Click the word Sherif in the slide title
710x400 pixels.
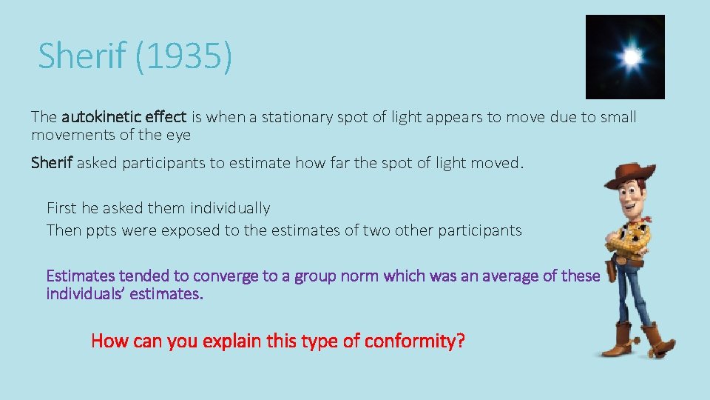tap(84, 56)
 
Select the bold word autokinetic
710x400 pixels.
tap(98, 117)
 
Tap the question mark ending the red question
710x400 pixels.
tap(460, 341)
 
